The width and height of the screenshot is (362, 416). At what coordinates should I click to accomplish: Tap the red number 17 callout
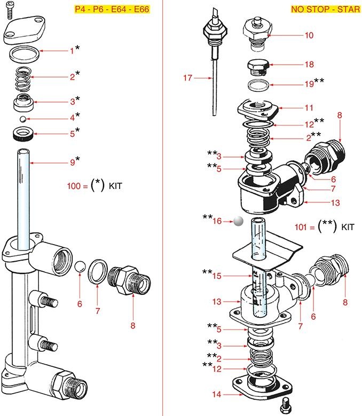pos(187,78)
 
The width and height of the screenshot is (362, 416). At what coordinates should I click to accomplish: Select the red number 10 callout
pos(309,36)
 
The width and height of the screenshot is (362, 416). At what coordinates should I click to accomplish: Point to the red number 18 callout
pos(309,65)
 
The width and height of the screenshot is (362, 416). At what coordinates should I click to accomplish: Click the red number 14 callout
pos(216,395)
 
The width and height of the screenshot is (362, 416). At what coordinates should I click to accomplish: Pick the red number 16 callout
pos(217,220)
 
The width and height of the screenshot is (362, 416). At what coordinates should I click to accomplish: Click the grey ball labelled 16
pos(238,221)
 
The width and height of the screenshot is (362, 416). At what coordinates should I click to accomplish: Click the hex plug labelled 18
pos(258,68)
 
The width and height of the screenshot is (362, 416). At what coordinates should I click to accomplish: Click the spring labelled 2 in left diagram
pos(22,78)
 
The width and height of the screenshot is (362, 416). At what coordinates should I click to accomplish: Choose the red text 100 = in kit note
pos(76,186)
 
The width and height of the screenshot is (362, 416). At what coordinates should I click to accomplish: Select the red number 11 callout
pos(309,107)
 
